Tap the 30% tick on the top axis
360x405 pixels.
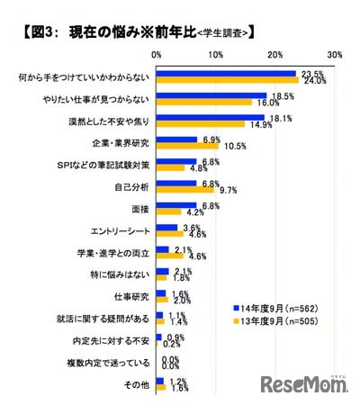coord(334,56)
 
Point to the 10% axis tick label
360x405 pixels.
coord(215,56)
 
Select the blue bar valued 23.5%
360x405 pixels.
coord(225,73)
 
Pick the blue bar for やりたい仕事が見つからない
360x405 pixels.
coord(211,94)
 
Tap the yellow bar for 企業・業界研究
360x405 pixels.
coord(187,147)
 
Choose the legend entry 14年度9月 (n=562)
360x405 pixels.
coord(280,305)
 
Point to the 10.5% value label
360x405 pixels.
coord(235,147)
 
